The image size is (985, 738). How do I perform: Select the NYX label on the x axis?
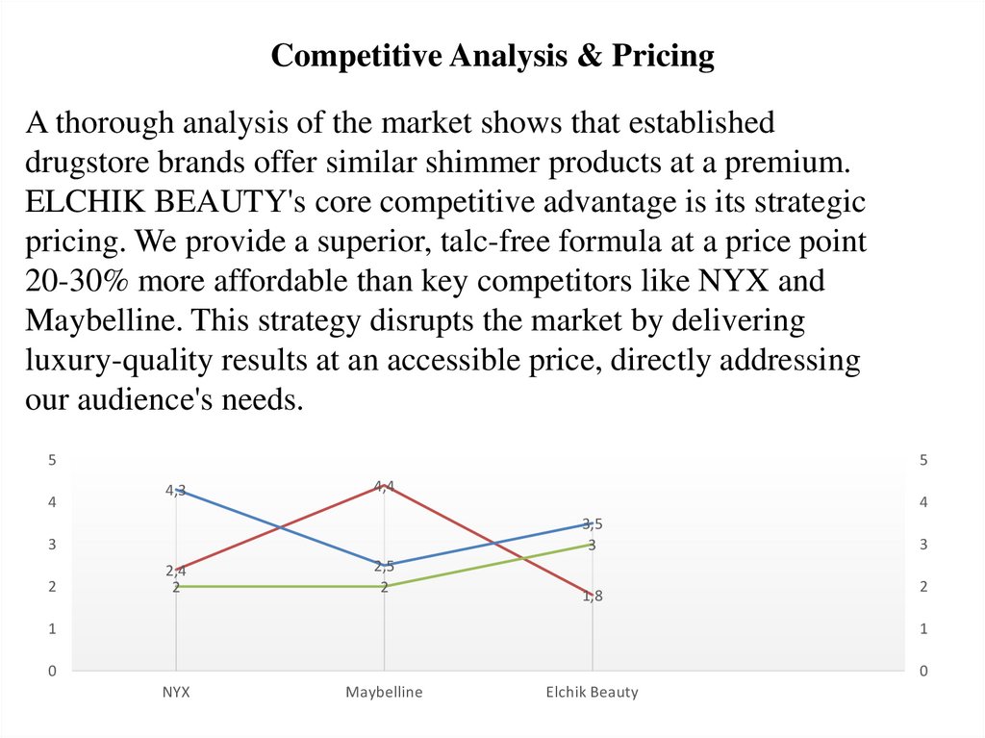(176, 692)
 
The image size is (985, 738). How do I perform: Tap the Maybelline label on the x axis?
(384, 692)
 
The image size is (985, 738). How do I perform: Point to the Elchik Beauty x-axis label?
(592, 692)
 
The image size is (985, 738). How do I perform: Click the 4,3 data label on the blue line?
(176, 490)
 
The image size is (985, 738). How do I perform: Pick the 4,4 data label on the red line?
(385, 486)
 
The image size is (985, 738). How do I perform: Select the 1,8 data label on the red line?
(593, 596)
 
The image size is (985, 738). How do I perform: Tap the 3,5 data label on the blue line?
(593, 523)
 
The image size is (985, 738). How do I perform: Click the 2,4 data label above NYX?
(176, 571)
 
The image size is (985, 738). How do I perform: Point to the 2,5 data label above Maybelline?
(385, 566)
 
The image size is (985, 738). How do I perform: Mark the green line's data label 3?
(593, 545)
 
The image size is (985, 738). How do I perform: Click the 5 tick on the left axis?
(53, 460)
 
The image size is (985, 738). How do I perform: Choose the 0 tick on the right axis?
(923, 671)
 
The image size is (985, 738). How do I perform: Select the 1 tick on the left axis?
(53, 628)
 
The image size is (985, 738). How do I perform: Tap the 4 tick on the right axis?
(923, 502)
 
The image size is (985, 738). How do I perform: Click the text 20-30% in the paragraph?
(75, 282)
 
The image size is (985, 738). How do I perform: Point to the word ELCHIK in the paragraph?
(83, 202)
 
